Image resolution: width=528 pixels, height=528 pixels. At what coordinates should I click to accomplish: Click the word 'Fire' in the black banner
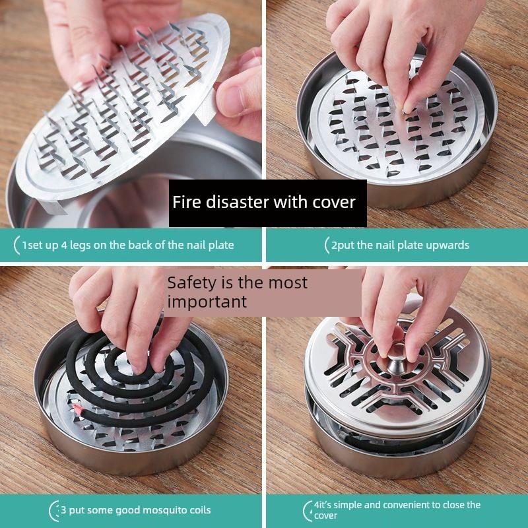(x=187, y=202)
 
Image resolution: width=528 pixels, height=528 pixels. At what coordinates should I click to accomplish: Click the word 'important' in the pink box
(x=207, y=302)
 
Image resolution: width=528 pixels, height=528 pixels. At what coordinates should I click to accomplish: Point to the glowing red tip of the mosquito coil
(x=77, y=409)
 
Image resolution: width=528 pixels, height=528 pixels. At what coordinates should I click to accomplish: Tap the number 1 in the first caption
(x=24, y=245)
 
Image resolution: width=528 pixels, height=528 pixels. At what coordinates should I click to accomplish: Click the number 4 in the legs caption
(x=63, y=245)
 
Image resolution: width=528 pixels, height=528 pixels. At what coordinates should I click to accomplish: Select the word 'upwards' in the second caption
(x=447, y=245)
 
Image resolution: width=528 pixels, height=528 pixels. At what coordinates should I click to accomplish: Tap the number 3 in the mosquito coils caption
(x=63, y=510)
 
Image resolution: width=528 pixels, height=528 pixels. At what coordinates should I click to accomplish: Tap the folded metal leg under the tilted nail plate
(x=53, y=207)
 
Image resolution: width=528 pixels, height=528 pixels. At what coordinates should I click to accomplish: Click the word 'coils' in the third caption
(x=200, y=510)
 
